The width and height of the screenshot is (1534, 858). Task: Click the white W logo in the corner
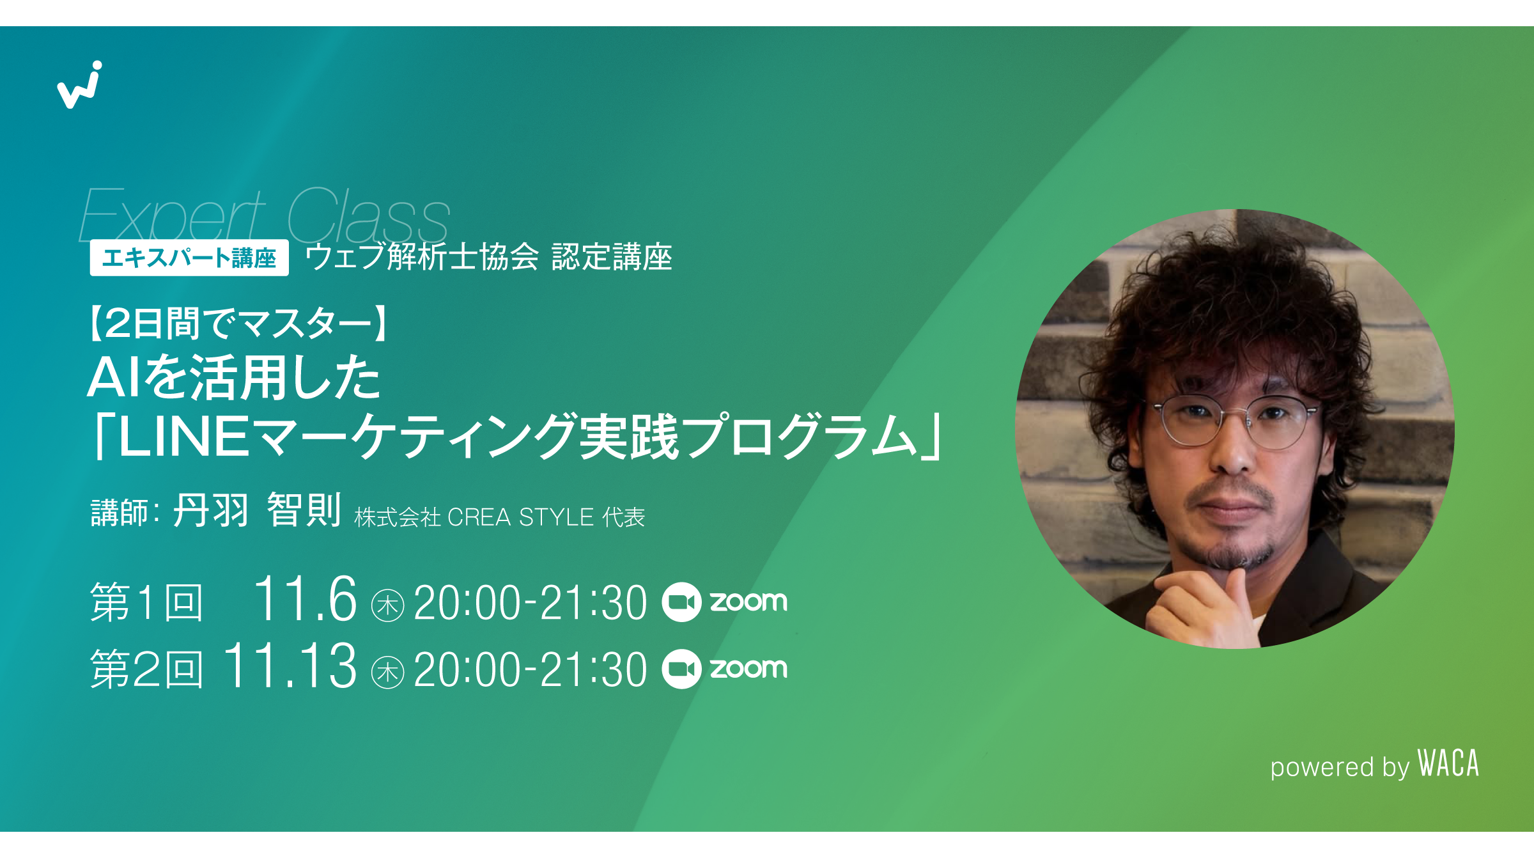(79, 85)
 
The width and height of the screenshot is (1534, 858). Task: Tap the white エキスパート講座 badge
(189, 258)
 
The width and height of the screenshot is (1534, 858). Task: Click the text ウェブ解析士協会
(422, 257)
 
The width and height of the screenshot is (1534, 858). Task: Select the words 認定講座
(612, 257)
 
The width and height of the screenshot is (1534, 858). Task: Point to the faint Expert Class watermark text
(265, 214)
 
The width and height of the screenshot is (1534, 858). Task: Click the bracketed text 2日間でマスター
(238, 323)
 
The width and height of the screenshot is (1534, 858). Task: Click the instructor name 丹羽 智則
(257, 510)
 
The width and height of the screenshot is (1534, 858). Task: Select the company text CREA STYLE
(521, 517)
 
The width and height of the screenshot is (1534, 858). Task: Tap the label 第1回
(146, 602)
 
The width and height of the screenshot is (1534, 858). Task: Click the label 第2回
(146, 668)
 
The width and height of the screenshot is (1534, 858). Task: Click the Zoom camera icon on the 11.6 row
(681, 602)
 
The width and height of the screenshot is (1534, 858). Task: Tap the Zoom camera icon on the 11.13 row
(681, 669)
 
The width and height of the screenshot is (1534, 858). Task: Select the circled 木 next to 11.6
(387, 605)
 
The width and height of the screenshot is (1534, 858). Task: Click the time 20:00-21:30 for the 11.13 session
(531, 669)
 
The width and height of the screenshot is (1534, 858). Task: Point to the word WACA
(1448, 763)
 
